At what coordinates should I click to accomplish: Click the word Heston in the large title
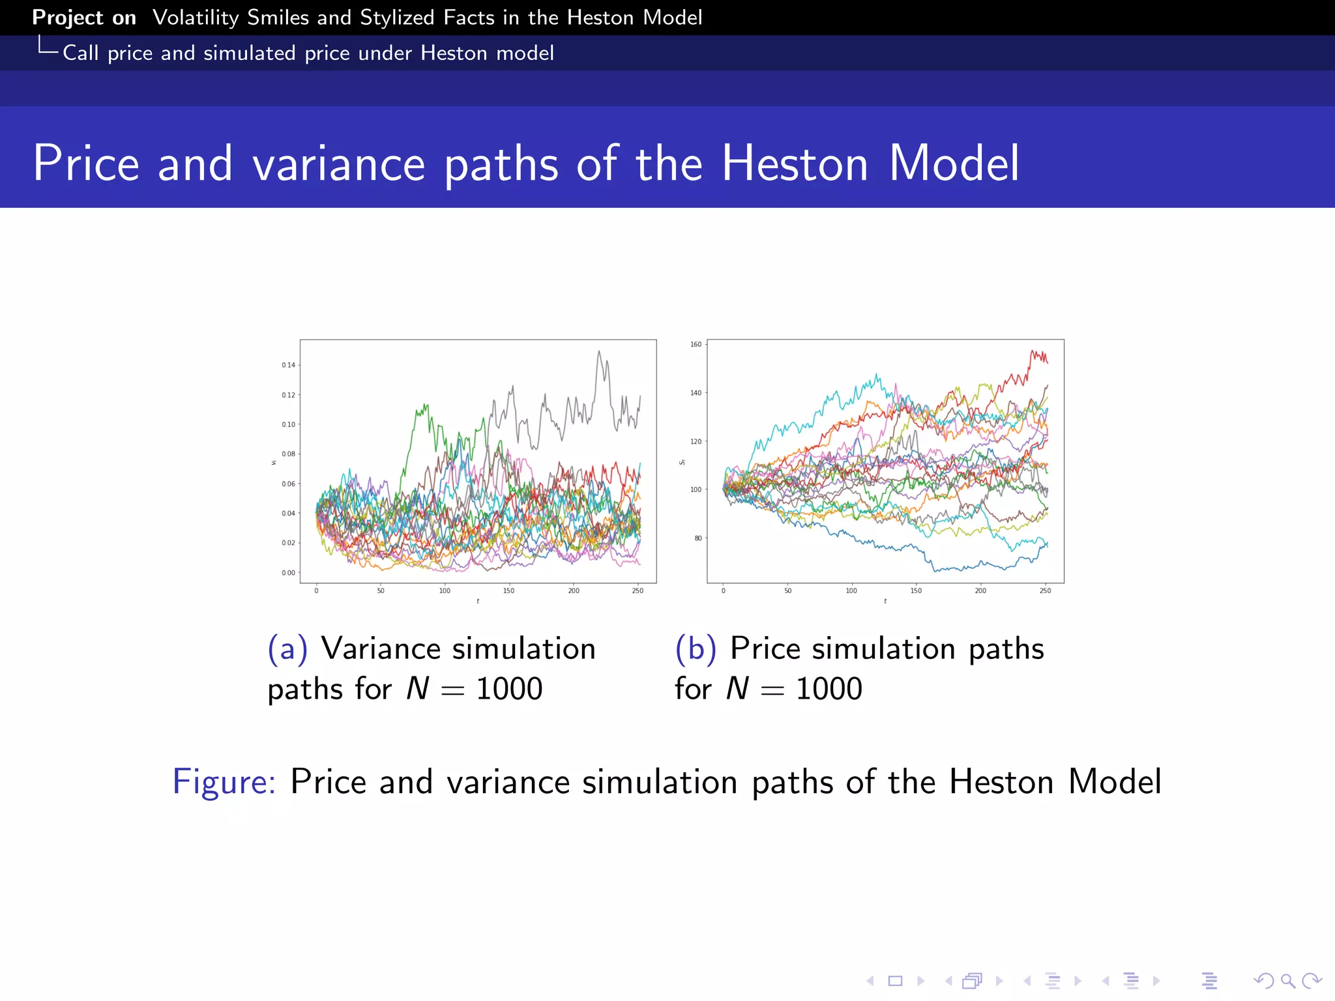point(794,163)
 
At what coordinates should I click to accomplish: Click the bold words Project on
point(84,18)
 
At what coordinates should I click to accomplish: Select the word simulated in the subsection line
point(250,53)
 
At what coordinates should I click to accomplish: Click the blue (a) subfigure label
point(287,648)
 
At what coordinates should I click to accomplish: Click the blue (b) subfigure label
point(696,648)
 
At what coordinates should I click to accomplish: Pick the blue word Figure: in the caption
point(224,781)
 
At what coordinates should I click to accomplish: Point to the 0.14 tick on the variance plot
point(288,365)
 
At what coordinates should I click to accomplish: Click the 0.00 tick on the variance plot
point(288,573)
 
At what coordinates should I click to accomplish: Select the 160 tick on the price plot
point(696,344)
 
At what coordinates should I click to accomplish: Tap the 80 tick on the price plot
point(698,538)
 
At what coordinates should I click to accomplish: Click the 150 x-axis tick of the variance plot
point(508,591)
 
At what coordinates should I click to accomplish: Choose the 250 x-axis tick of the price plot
point(1045,591)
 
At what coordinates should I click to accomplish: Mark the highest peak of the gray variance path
point(599,352)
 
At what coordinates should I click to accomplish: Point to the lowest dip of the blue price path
point(936,571)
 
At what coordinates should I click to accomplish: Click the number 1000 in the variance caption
point(509,689)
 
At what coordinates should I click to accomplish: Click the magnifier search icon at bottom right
point(1287,981)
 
